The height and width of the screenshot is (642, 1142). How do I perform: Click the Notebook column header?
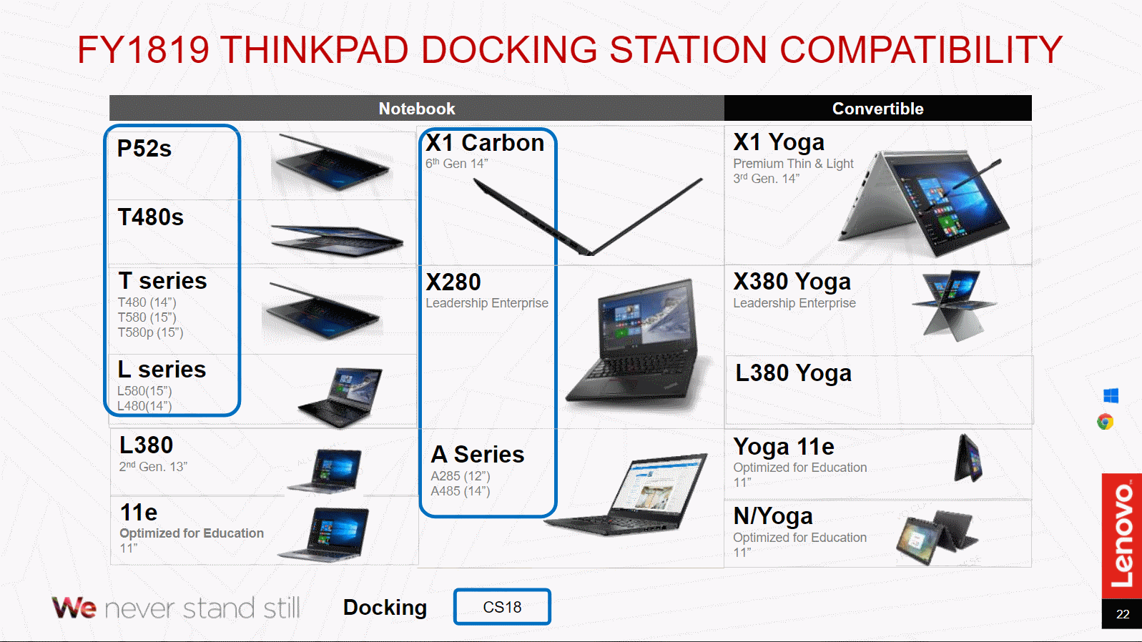coord(417,109)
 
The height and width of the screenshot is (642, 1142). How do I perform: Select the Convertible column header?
coord(877,109)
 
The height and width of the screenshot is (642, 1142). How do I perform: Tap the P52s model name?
coord(144,149)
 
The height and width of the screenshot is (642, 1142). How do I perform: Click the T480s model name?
coord(151,217)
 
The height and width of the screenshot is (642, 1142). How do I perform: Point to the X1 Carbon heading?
coord(485,143)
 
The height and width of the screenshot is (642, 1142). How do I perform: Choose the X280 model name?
coord(453,282)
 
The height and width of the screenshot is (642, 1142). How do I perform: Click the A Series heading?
coord(478,455)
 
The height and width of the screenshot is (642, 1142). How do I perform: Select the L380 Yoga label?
coord(793,373)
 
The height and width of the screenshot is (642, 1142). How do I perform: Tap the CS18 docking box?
coord(502,607)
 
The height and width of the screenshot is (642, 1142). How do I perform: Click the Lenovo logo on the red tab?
coord(1122,535)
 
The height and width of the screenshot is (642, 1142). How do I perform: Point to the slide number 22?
coord(1123,614)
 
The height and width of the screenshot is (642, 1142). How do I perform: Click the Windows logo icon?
coord(1111,395)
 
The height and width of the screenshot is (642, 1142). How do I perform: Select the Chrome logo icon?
coord(1106,422)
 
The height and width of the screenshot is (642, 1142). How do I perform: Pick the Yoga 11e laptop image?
coord(969,459)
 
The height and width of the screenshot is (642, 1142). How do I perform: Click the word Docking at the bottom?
coord(385,607)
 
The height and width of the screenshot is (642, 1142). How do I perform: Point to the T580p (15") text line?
coord(150,332)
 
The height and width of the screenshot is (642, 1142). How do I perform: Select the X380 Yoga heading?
coord(792,282)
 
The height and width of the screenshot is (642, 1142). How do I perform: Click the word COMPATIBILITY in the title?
coord(921,50)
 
